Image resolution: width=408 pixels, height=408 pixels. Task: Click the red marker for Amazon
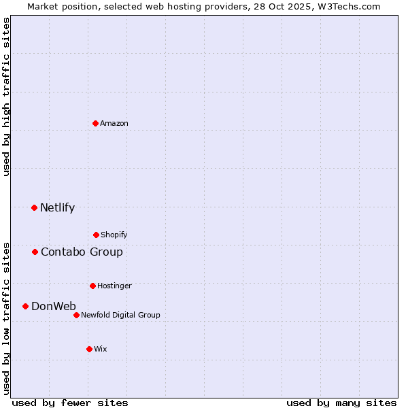[96, 123]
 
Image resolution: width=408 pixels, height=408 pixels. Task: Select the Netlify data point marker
[35, 207]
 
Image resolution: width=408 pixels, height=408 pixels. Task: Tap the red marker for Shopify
[96, 235]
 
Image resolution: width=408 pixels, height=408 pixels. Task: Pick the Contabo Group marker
[35, 252]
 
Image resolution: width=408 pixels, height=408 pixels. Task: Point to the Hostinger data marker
[92, 286]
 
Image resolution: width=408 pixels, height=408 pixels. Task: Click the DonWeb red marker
[26, 306]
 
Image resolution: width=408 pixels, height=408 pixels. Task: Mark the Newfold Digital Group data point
[76, 315]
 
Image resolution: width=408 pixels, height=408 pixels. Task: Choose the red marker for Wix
[89, 349]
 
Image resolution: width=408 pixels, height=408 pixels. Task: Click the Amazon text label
[114, 124]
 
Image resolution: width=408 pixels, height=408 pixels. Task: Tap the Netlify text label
[57, 208]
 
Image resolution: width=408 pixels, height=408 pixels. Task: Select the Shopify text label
[114, 235]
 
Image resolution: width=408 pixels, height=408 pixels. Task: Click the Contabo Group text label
[82, 252]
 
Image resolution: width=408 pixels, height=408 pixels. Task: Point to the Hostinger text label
[114, 286]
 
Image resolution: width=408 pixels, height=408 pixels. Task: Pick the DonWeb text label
[54, 307]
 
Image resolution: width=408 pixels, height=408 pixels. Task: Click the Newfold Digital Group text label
[120, 316]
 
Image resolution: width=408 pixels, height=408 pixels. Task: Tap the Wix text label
[101, 350]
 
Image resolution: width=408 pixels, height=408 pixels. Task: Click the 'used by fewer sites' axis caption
[70, 403]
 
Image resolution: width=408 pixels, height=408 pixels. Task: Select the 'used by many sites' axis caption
[341, 403]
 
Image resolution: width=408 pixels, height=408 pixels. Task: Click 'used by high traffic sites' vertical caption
[7, 97]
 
